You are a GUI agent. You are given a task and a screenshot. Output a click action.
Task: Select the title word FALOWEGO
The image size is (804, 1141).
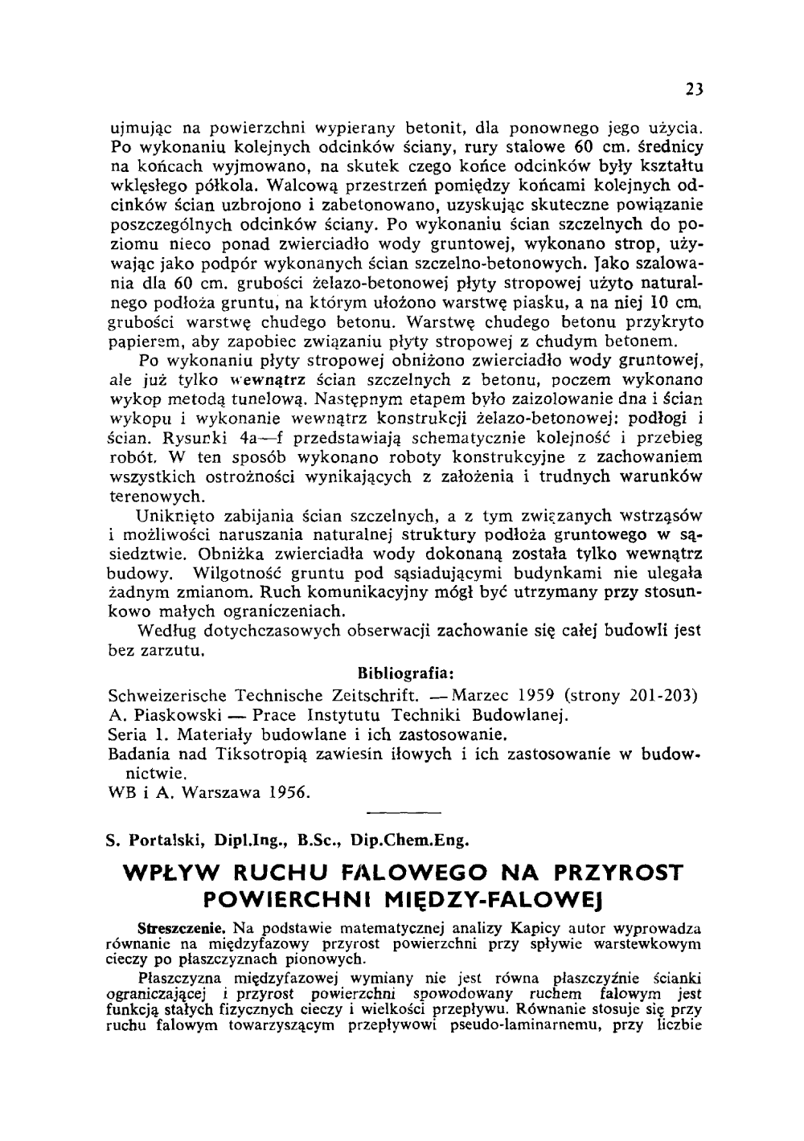396,873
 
